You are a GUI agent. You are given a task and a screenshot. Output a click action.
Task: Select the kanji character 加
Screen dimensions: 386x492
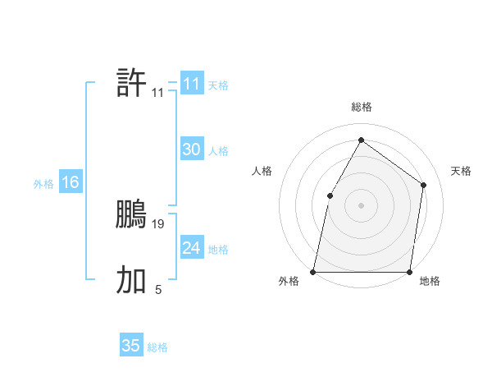tap(131, 280)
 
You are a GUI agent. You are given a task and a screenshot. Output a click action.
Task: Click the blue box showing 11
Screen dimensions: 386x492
tap(192, 84)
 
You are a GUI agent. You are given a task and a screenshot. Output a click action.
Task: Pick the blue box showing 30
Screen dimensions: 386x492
tap(192, 149)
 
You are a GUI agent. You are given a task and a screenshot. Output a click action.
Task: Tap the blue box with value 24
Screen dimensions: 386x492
tap(192, 248)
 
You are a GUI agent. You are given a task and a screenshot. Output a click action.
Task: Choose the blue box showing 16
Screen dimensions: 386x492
tap(71, 182)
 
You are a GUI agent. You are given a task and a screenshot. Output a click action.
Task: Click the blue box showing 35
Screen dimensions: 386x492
tap(131, 346)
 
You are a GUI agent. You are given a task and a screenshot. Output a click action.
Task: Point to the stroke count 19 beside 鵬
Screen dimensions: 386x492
tap(159, 223)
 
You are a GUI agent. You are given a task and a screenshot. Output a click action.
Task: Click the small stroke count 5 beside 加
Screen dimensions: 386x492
tap(158, 289)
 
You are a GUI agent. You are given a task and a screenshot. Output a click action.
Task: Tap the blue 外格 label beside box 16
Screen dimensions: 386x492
tap(43, 184)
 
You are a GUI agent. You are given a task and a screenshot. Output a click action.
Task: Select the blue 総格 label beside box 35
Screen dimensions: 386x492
tap(157, 347)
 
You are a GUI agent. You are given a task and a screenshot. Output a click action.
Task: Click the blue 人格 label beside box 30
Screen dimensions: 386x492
tap(218, 151)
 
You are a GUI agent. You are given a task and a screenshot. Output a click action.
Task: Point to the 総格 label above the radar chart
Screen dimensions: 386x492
tap(361, 107)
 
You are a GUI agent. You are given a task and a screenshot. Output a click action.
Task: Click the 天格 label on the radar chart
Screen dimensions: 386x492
tap(461, 171)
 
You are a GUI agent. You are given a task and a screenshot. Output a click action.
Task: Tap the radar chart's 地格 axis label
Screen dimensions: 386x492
tap(430, 282)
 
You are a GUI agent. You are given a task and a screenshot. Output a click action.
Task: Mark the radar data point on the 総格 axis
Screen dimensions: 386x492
tap(361, 140)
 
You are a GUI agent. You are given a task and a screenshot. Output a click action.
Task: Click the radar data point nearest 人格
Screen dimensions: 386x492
tap(330, 195)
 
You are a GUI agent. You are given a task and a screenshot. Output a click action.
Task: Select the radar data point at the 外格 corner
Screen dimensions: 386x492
tap(313, 271)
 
